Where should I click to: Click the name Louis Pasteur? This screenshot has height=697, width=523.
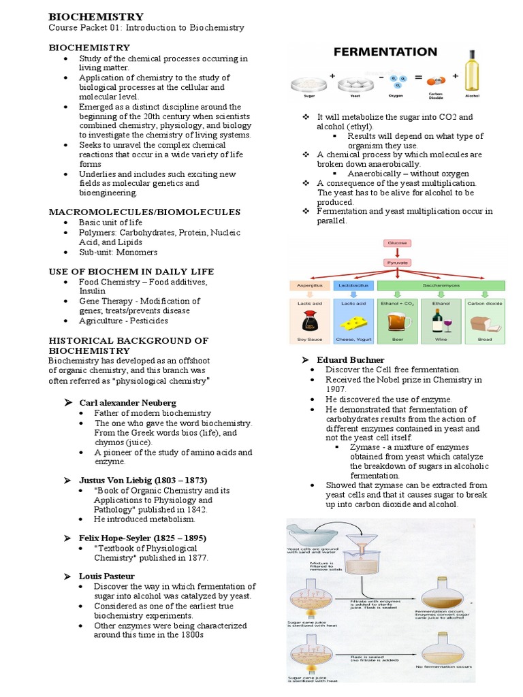[x=107, y=576]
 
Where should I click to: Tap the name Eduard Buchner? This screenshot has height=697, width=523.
[x=351, y=359]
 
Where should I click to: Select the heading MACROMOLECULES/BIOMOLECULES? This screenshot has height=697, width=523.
[x=144, y=212]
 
